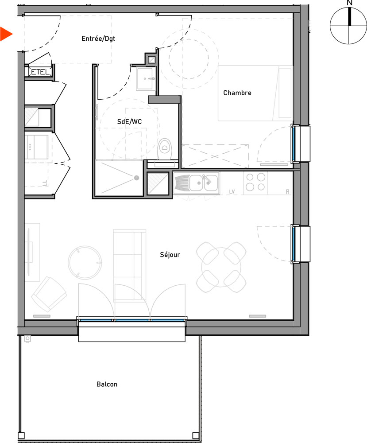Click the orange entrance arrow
pos(5,34)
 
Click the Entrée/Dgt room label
pos(98,39)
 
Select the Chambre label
pos(237,93)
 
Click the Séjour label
pos(170,255)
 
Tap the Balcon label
pos(107,384)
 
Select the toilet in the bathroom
pos(165,147)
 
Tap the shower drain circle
pos(136,178)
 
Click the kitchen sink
pos(204,183)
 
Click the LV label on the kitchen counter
pos(232,191)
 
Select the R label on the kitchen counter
pos(287,191)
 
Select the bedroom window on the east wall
pos(294,143)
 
